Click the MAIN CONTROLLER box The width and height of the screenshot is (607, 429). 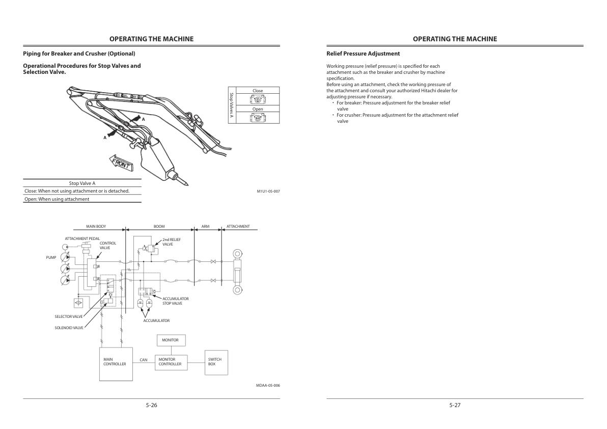(116, 364)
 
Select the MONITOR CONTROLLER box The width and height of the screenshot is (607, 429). (171, 362)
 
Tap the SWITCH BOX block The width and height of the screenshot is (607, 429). (216, 362)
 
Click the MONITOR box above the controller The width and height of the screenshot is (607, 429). (171, 340)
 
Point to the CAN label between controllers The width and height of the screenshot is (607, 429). (144, 360)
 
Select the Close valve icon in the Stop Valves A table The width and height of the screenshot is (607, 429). (258, 99)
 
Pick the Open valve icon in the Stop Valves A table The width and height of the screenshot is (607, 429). (258, 118)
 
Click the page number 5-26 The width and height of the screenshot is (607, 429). (151, 406)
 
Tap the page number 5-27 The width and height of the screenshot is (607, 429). (455, 406)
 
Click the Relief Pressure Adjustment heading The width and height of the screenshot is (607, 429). (363, 54)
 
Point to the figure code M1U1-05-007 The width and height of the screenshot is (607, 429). (268, 191)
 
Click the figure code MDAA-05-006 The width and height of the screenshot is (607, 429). (268, 386)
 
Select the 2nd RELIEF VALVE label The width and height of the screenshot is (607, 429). (172, 242)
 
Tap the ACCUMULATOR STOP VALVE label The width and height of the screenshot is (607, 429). (175, 301)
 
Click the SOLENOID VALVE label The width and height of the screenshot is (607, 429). (69, 328)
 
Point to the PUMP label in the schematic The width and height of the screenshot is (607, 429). (51, 257)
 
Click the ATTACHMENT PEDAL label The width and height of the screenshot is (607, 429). (82, 239)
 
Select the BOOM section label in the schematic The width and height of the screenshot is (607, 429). (159, 227)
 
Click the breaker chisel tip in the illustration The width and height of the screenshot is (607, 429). (187, 184)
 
